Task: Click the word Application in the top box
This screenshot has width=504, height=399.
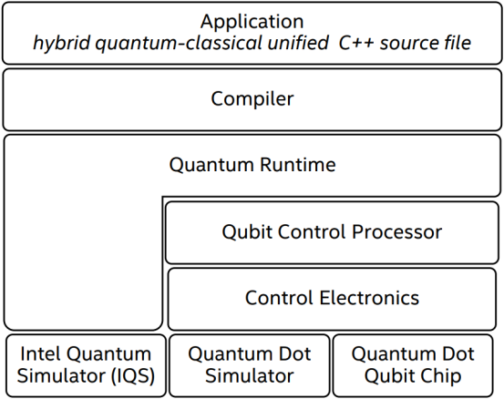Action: click(252, 23)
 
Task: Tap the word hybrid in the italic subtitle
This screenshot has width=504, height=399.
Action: click(61, 44)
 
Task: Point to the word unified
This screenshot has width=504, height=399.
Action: click(298, 43)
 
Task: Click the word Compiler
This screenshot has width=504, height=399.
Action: click(252, 99)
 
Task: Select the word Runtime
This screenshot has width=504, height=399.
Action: click(298, 165)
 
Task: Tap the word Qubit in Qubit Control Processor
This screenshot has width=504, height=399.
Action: click(248, 232)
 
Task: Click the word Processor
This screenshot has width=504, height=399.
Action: click(396, 232)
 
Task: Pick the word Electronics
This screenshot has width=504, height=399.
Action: click(369, 298)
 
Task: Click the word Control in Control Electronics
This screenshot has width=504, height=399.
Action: click(280, 298)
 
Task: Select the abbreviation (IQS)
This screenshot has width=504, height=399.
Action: click(133, 375)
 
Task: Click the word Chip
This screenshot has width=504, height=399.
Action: click(443, 376)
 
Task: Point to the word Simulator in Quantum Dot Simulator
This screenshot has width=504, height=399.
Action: click(250, 376)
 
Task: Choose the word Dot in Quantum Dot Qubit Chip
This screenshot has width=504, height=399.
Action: click(458, 354)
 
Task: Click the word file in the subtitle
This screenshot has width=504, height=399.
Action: click(458, 43)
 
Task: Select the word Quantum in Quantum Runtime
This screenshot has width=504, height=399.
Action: click(211, 165)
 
